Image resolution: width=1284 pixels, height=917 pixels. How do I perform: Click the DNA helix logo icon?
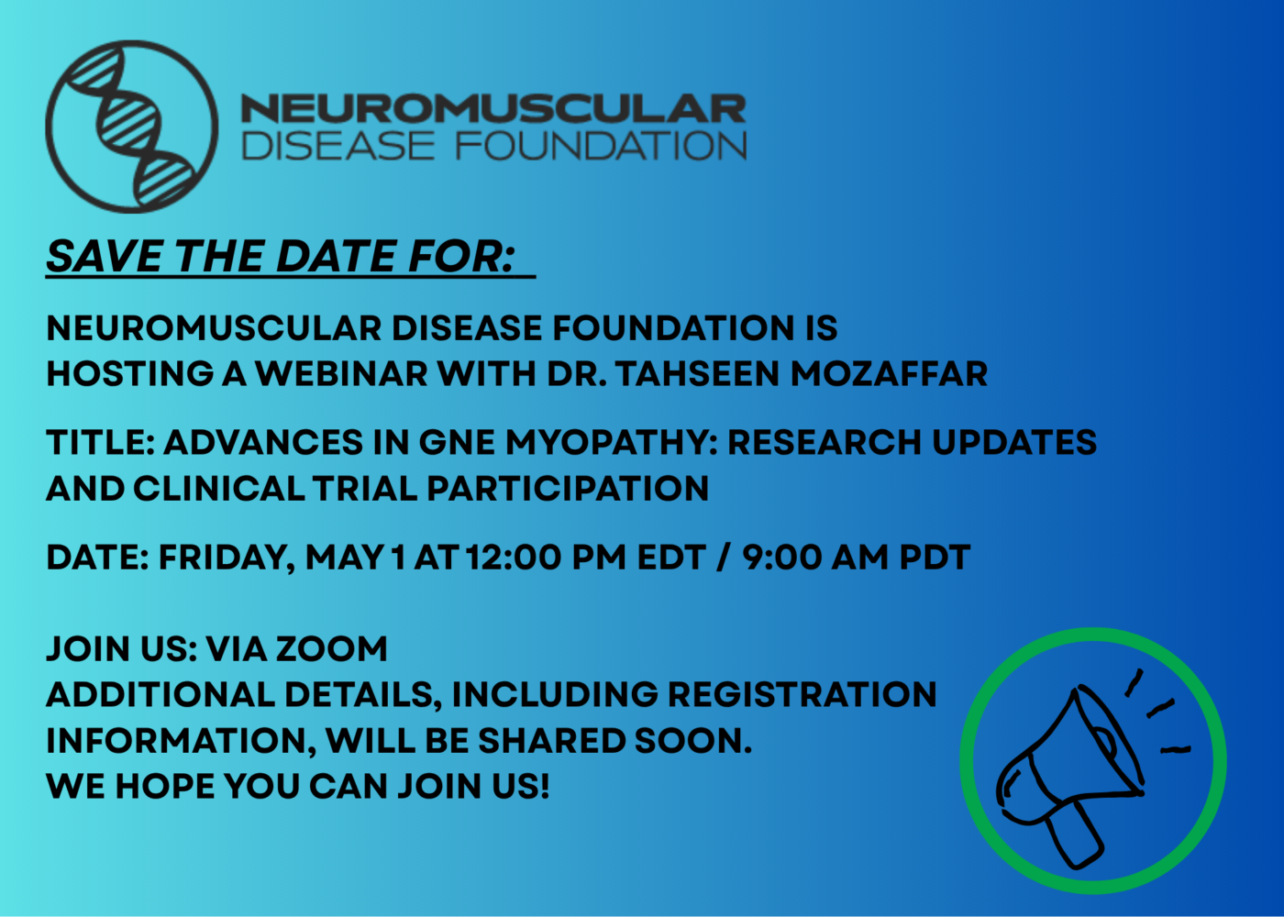(x=132, y=127)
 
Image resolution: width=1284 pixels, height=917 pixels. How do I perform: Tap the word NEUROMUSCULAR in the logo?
(x=493, y=109)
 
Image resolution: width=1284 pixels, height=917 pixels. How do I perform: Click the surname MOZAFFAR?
(x=889, y=374)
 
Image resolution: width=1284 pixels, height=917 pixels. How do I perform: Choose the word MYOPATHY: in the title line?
(x=612, y=443)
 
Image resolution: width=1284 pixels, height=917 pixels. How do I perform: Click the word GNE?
(x=457, y=443)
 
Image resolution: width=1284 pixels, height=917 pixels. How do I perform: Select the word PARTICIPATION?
(x=568, y=489)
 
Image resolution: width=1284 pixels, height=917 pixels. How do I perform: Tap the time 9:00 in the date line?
(x=780, y=558)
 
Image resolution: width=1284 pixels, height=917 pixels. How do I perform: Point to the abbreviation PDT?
(x=935, y=558)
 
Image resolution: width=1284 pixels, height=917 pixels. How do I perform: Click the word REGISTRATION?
(x=802, y=695)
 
